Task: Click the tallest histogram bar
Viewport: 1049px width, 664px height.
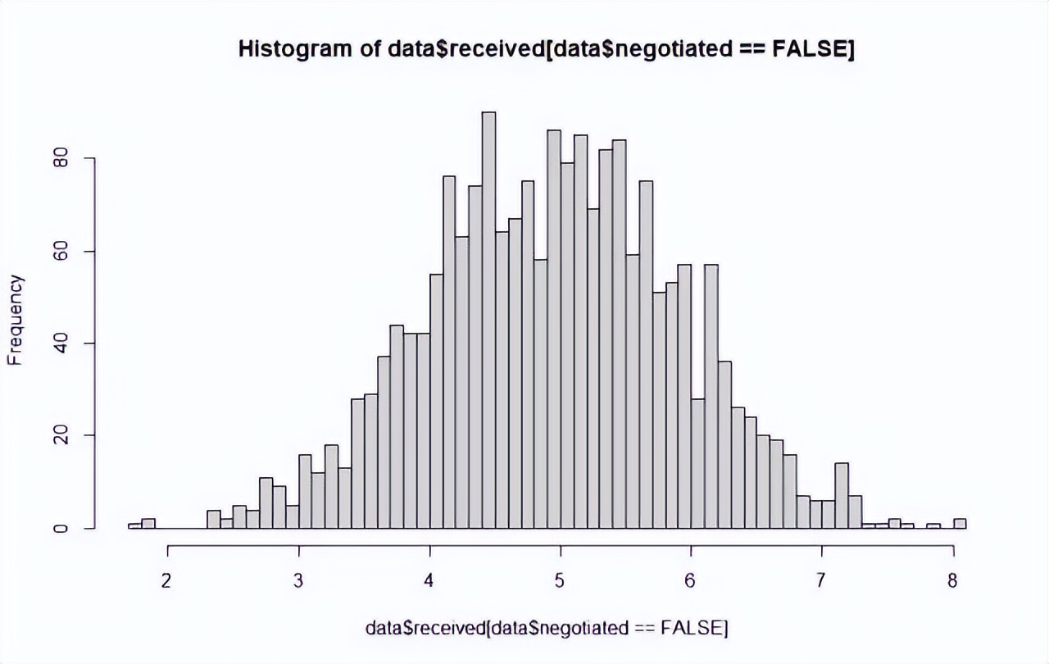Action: (x=489, y=320)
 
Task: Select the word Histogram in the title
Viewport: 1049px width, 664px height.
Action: (x=295, y=49)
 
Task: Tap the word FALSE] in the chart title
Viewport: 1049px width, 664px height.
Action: (x=813, y=49)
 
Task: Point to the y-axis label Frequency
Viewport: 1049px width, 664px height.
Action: (x=15, y=320)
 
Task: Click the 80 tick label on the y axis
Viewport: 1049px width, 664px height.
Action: (x=61, y=159)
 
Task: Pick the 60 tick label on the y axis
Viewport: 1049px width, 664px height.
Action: (x=61, y=252)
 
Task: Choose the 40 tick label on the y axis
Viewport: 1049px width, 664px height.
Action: (x=61, y=343)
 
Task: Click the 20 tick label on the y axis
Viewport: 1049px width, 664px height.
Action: (x=61, y=435)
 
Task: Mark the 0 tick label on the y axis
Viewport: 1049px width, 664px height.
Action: (x=61, y=528)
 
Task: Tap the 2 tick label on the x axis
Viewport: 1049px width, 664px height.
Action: (x=166, y=581)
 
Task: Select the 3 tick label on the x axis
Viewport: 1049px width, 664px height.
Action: (x=298, y=581)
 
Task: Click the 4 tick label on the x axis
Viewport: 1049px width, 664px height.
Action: (x=429, y=581)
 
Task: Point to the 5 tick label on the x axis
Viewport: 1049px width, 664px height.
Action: (x=560, y=581)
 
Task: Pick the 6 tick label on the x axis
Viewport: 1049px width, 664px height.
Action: (x=690, y=581)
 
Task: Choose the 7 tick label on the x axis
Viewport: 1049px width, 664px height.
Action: (x=820, y=581)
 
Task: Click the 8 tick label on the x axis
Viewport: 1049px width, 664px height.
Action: (x=952, y=581)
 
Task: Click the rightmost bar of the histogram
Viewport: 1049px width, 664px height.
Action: (x=960, y=524)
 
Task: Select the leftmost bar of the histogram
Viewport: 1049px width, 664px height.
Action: (x=135, y=525)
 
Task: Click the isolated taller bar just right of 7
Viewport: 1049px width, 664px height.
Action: (x=842, y=495)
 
